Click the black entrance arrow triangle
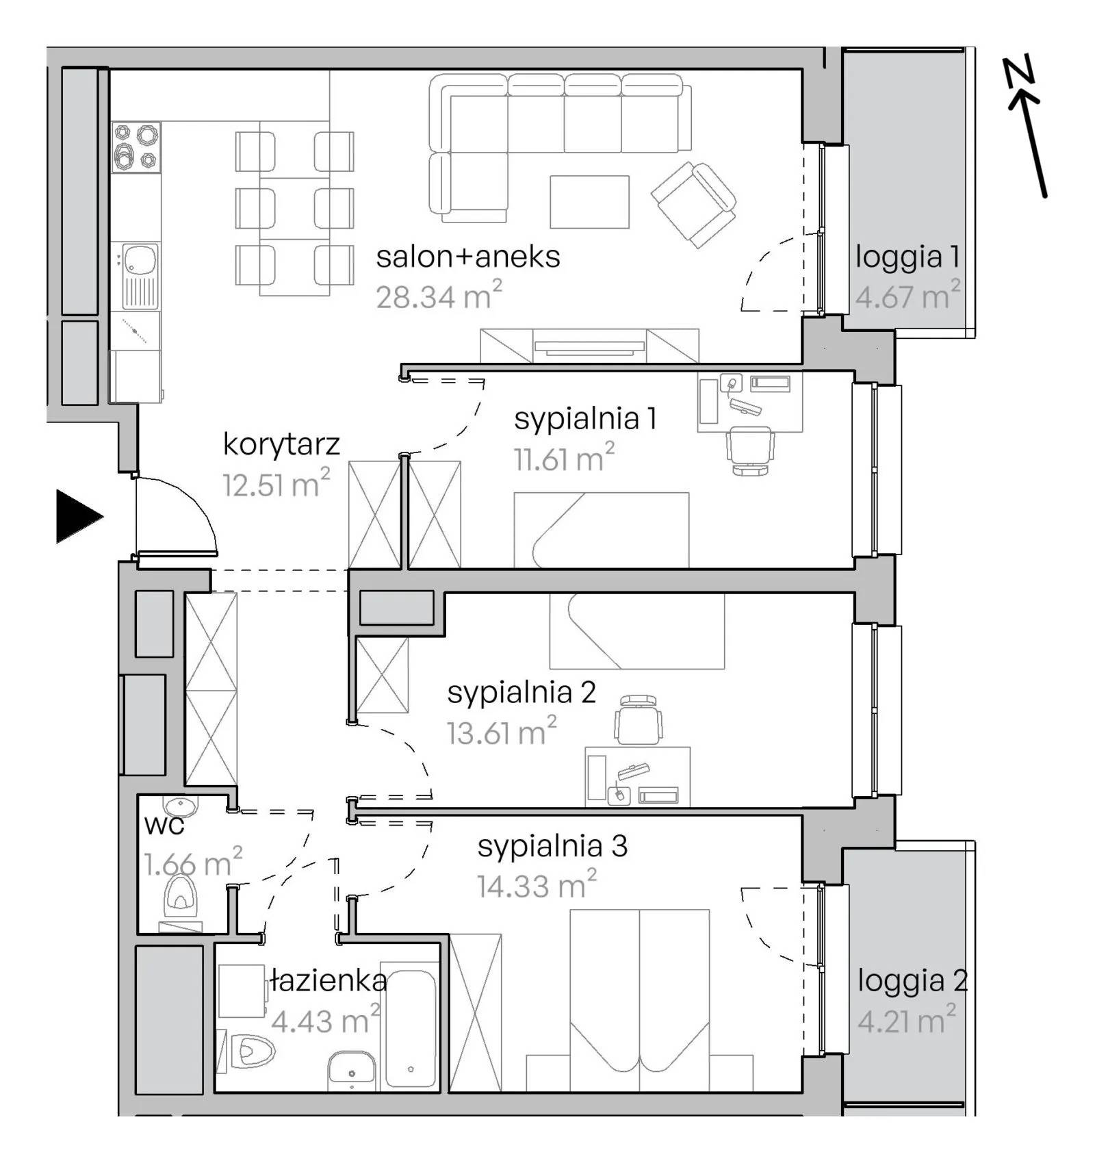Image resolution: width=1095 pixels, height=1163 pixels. coord(77,516)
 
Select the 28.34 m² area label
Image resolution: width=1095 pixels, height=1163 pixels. coord(439,294)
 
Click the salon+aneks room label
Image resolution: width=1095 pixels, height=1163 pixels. coord(468,257)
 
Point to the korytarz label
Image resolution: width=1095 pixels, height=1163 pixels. coord(281,444)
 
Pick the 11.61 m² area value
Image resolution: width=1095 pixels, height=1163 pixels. coord(564,457)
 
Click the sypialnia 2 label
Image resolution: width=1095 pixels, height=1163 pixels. coord(521,693)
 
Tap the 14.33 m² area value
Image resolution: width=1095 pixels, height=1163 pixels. coord(537,884)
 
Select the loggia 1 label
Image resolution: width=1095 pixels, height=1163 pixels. coord(907,257)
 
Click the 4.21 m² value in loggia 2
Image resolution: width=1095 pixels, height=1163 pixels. coord(907,1020)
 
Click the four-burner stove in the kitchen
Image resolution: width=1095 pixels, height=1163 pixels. coord(136,146)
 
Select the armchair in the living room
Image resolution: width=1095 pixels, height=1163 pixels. coord(693,205)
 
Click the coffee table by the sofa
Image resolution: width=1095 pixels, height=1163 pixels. coord(589,201)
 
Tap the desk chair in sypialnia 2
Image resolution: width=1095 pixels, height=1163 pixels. coord(638,719)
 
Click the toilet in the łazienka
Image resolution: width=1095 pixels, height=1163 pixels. coord(252,1050)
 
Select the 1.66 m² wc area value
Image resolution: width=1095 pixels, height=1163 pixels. coord(193,862)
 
